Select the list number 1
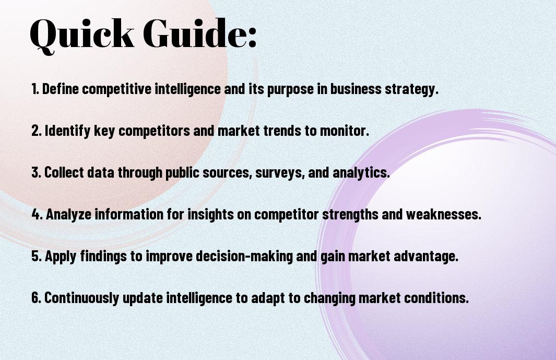tap(35, 89)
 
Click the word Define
tap(60, 89)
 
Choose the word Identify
tap(67, 131)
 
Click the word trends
tap(282, 131)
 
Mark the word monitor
tap(345, 131)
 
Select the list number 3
tap(36, 172)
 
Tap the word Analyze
tap(68, 214)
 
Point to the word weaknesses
tap(444, 214)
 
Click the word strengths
tap(350, 215)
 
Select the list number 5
tap(36, 256)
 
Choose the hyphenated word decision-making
tap(244, 257)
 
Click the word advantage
tap(425, 257)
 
